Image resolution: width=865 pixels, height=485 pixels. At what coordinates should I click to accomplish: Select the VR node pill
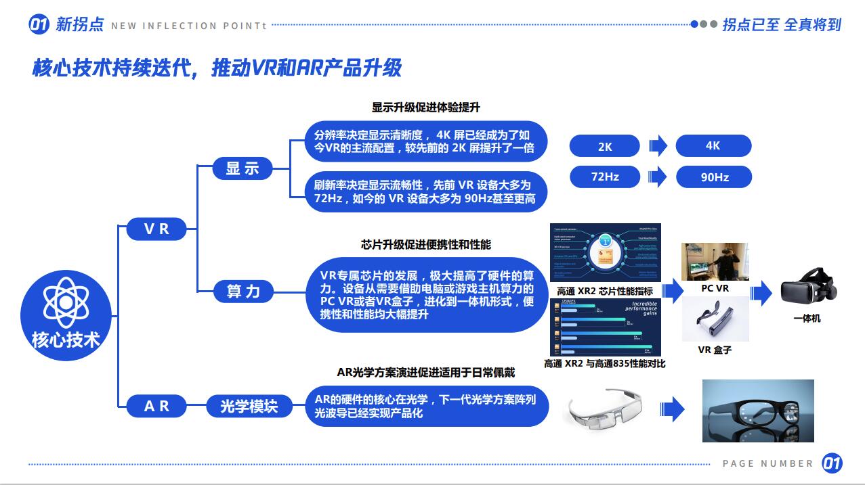pos(156,229)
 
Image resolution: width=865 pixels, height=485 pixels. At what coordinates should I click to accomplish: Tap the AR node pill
pos(156,406)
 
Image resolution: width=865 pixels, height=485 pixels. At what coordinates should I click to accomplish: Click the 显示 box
pos(242,168)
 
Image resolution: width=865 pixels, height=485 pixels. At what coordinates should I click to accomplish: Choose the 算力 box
pos(242,292)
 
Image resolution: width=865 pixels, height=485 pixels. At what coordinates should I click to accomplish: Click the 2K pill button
pos(604,146)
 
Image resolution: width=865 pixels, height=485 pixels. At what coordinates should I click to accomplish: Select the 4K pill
pos(713,146)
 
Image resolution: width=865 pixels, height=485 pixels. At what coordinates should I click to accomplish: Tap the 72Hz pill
pos(604,177)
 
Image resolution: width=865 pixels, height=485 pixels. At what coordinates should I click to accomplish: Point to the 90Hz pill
pos(714,177)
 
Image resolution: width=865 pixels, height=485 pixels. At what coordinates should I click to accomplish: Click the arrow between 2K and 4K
pos(657,146)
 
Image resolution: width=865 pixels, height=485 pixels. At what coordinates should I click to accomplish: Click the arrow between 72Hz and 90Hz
pos(657,177)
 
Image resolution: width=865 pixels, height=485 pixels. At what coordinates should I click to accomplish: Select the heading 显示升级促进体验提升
pos(425,108)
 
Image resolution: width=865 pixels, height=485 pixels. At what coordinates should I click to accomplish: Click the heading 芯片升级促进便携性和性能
pos(425,244)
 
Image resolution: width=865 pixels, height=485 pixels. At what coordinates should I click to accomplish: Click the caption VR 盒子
pos(715,350)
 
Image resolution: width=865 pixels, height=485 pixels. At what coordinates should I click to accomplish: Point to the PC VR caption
pos(715,288)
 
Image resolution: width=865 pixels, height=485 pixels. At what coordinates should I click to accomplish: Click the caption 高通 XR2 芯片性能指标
pos(604,291)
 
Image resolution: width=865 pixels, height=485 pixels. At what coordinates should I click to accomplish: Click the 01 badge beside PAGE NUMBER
pos(832,463)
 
